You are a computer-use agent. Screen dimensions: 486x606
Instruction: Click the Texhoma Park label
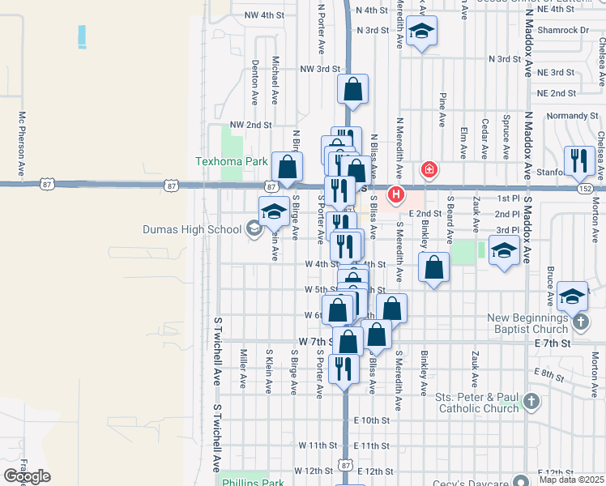(x=232, y=161)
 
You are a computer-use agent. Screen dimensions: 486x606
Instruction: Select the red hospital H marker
(x=396, y=195)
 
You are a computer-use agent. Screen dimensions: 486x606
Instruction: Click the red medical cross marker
(x=429, y=170)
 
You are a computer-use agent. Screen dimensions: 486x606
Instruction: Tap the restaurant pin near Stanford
(x=578, y=161)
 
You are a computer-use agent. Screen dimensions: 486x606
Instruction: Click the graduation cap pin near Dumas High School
(x=274, y=212)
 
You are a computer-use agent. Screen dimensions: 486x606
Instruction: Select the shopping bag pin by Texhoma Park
(x=287, y=168)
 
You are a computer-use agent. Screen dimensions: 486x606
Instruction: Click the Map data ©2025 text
(x=572, y=480)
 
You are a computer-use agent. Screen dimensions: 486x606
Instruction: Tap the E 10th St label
(x=373, y=420)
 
